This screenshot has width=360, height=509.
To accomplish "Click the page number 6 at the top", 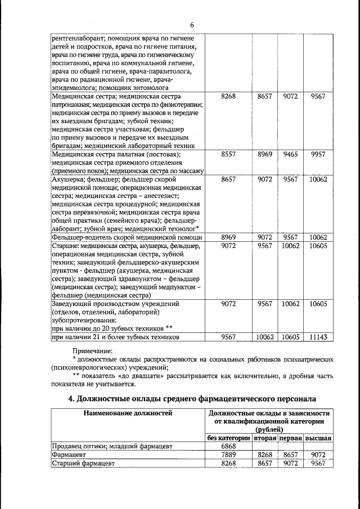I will (x=191, y=25).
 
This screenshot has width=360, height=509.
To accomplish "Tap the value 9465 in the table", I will (x=290, y=154).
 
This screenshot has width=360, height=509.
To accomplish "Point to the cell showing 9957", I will (x=318, y=154).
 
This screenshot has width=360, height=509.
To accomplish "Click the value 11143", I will (x=318, y=337).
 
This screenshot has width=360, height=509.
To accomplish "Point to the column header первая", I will (x=290, y=437).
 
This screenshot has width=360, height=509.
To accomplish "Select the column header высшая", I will (x=318, y=437).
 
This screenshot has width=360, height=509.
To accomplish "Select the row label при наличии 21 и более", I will (x=115, y=337).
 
